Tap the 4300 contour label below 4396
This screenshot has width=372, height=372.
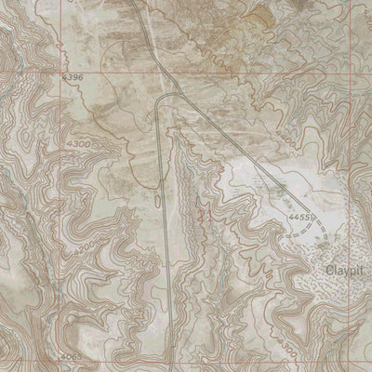point(80,146)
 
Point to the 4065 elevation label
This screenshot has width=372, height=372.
point(68,357)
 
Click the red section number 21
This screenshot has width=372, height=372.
point(202,215)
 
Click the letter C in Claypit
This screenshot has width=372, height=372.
point(329,271)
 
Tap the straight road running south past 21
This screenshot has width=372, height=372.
point(166,232)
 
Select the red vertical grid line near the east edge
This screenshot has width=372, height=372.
point(353,186)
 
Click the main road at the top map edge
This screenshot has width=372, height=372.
point(132,3)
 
